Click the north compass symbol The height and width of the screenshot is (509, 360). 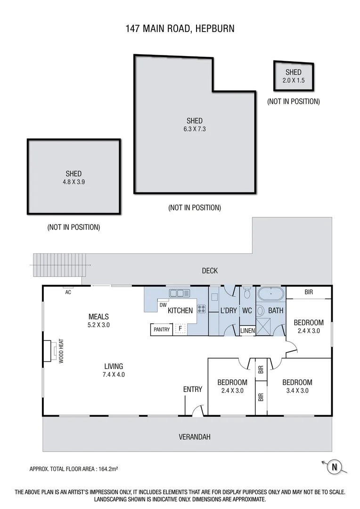coord(334,467)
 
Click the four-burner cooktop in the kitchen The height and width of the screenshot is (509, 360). coord(201,310)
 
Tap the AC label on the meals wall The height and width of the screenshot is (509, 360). coord(68,292)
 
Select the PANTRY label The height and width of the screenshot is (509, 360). coord(162,330)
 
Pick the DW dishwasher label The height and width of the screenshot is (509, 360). coord(163,305)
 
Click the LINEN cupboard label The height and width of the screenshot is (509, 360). coord(247,331)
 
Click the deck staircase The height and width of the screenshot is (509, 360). coord(60,265)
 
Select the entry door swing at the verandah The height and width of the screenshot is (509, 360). coord(198,410)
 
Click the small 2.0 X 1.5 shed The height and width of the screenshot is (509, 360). coord(294,76)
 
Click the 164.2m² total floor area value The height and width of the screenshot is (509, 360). coord(107,469)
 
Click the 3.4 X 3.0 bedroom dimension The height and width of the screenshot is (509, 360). coord(297,390)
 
